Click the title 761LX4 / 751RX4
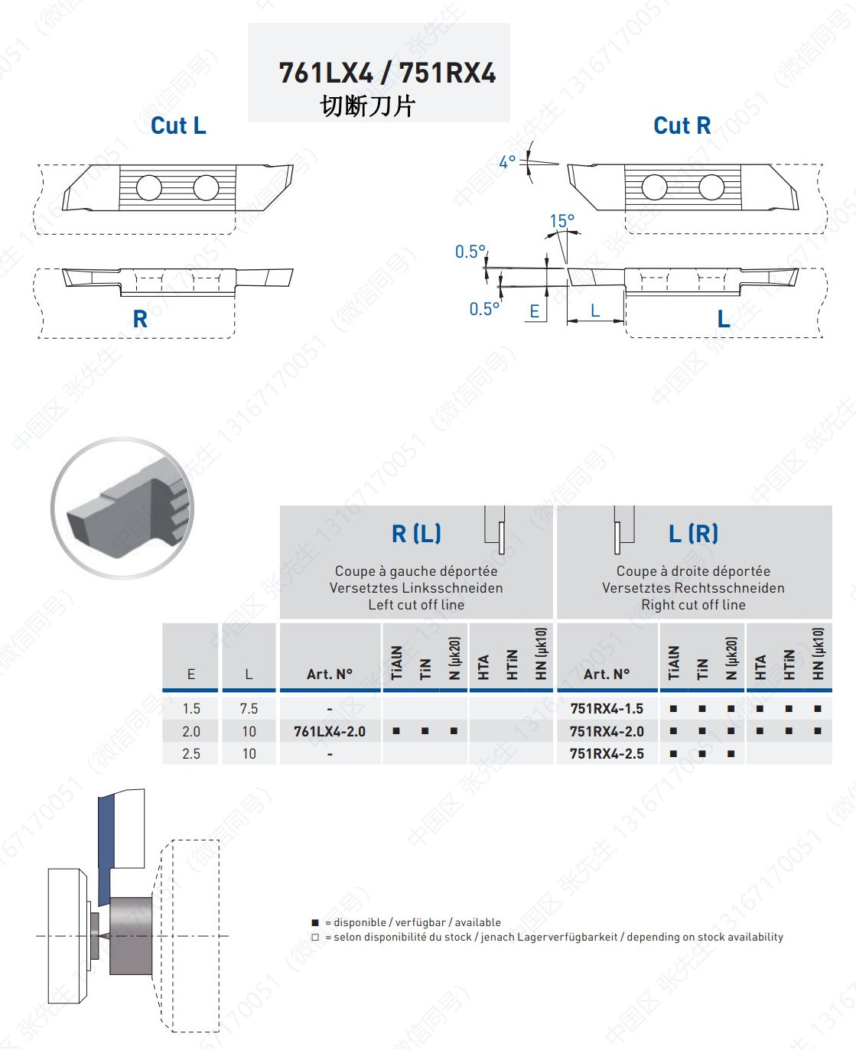click(x=387, y=73)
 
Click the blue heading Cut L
click(x=178, y=126)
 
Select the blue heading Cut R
click(x=682, y=126)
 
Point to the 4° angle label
click(x=507, y=162)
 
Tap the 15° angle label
click(x=561, y=221)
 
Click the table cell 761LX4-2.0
click(x=330, y=732)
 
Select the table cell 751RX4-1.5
click(x=607, y=709)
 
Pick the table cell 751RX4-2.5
click(x=607, y=754)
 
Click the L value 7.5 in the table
click(x=249, y=709)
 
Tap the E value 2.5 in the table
click(x=191, y=754)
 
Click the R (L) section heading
click(x=416, y=533)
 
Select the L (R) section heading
click(x=693, y=533)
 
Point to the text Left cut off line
click(x=416, y=605)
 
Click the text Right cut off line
click(x=693, y=605)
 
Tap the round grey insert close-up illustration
click(x=122, y=508)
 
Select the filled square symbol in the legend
click(x=315, y=923)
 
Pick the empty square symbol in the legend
click(x=315, y=938)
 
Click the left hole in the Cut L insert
click(x=149, y=187)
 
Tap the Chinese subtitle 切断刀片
click(x=368, y=106)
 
